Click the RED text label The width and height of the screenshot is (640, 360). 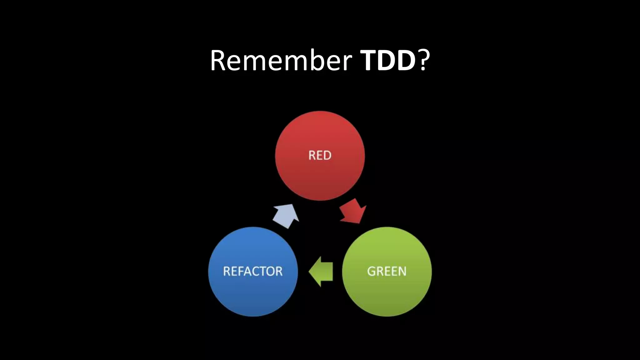click(x=320, y=155)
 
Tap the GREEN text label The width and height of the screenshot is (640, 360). click(x=387, y=271)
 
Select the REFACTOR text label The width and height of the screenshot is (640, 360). click(x=253, y=271)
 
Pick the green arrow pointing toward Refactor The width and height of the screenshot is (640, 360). click(x=322, y=272)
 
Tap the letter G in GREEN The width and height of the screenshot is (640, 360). click(x=371, y=271)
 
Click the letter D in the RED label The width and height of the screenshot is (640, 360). click(x=327, y=155)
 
